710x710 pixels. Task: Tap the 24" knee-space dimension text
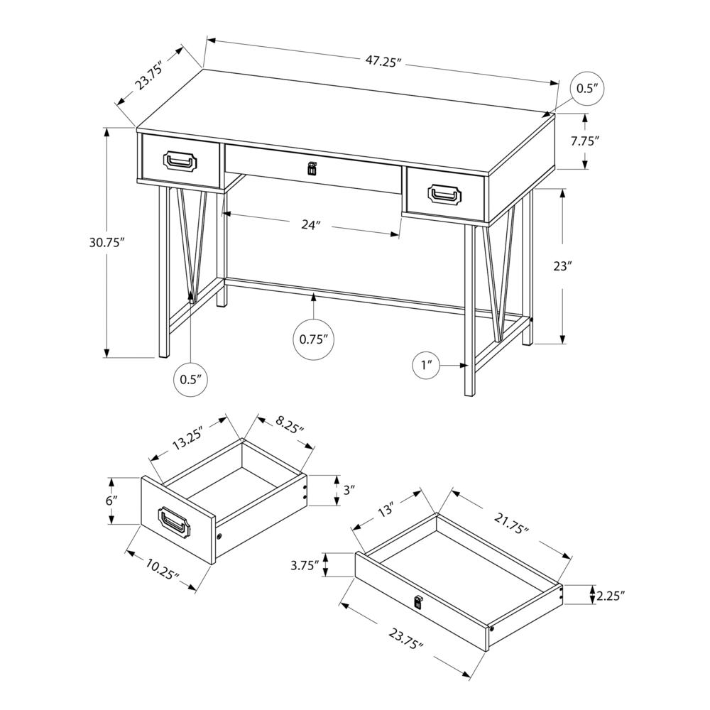tap(310, 225)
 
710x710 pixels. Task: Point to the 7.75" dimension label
tap(585, 141)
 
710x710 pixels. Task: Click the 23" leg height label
tap(562, 266)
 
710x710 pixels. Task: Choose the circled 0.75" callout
tap(313, 339)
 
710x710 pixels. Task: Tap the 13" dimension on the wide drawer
tap(386, 510)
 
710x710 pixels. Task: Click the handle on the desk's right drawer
tap(445, 192)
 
